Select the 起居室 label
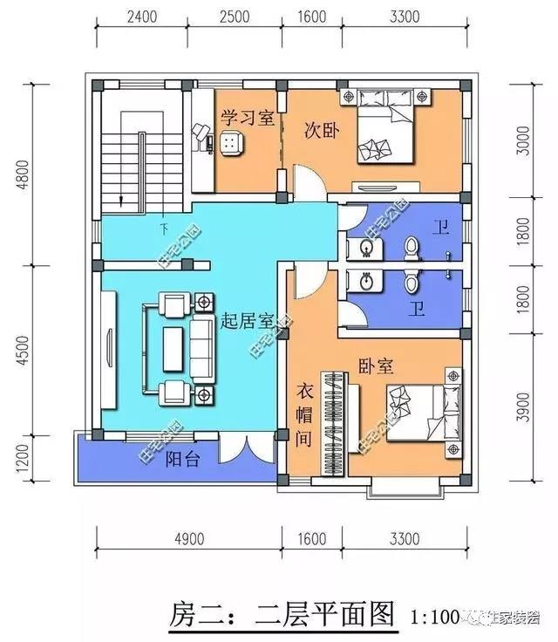242,320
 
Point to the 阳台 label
183,460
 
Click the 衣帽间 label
303,416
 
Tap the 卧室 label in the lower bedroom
376,367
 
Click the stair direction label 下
163,230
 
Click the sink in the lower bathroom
365,283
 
